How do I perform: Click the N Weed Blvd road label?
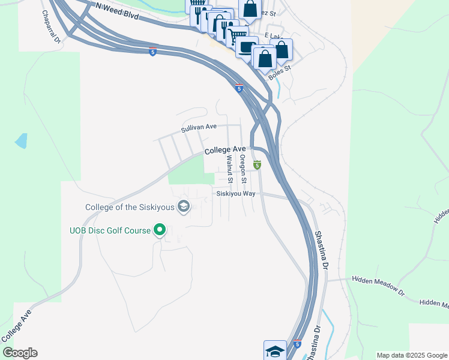point(118,11)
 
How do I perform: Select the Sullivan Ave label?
point(199,127)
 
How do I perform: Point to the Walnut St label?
point(229,169)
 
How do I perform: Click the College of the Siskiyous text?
point(130,208)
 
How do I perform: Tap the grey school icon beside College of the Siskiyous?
point(184,208)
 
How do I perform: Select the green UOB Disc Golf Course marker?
point(160,230)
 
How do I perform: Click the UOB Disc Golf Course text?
point(110,230)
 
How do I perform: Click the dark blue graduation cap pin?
point(275,350)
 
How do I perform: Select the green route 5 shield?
point(257,165)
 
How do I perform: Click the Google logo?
point(20,353)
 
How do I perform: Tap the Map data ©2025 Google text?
point(411,355)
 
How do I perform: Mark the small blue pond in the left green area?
point(21,141)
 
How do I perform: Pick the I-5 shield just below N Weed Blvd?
point(154,52)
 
